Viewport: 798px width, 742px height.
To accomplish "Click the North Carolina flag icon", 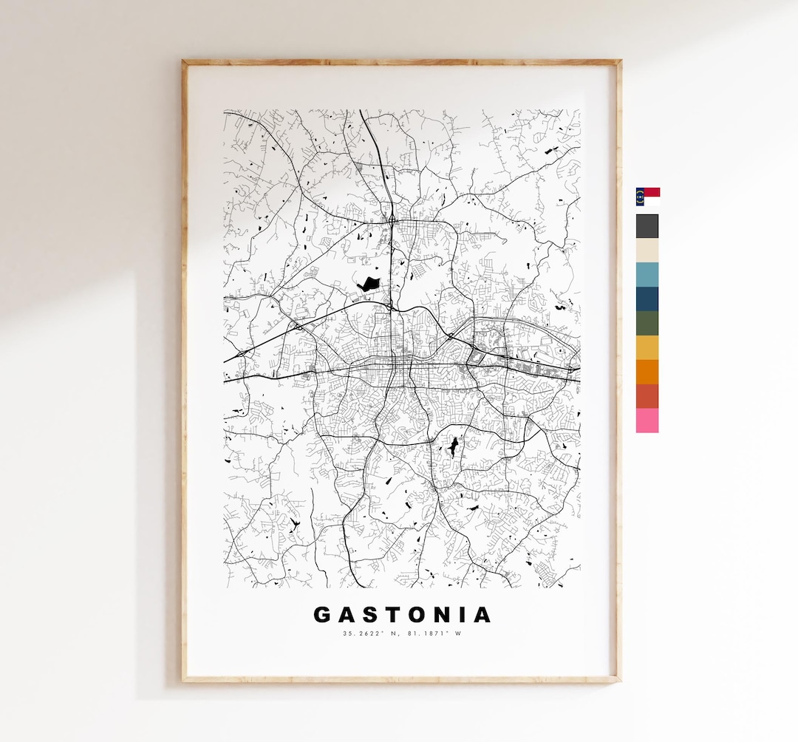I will point(647,197).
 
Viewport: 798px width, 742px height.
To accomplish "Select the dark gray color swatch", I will point(647,226).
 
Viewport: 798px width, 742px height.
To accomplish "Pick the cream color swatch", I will point(647,251).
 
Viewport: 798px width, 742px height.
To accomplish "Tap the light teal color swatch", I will point(647,275).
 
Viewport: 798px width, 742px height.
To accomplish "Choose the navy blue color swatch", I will point(647,299).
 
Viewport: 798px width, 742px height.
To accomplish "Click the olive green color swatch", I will point(647,324).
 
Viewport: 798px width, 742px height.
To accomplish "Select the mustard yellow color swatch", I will point(647,348).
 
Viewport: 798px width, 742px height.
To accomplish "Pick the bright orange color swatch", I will point(647,372).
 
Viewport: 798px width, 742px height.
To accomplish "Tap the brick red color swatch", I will point(647,396).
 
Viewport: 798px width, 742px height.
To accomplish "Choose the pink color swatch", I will point(647,421).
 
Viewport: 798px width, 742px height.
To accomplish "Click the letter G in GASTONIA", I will point(322,615).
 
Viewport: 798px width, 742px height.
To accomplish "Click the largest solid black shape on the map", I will point(367,283).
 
